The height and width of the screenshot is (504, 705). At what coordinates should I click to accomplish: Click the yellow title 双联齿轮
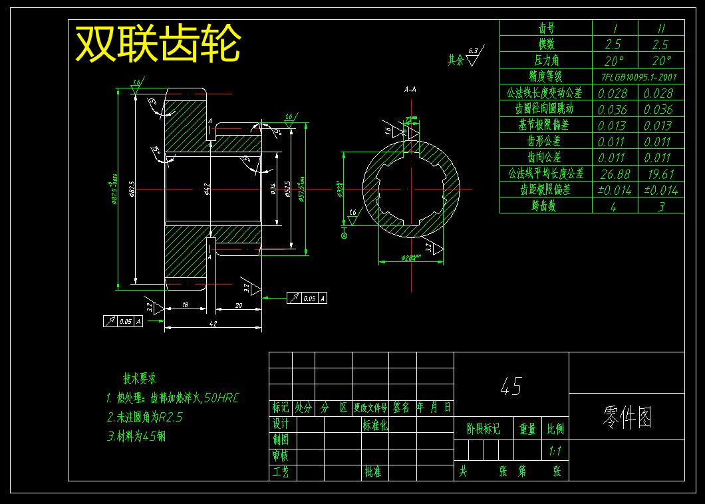158,45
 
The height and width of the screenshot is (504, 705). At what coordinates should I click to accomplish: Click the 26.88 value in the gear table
615,174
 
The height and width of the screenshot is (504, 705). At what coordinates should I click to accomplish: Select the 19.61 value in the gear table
660,174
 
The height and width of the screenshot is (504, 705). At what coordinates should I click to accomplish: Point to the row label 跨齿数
545,206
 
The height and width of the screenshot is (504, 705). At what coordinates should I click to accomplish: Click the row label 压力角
545,61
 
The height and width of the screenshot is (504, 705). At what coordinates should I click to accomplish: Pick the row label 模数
545,45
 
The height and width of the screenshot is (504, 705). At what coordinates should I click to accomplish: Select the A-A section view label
410,88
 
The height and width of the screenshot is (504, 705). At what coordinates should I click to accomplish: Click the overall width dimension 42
213,323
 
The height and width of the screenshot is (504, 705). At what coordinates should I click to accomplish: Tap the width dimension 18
186,305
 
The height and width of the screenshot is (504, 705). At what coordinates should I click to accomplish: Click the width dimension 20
237,305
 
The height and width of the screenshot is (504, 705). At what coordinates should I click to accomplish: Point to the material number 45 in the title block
511,386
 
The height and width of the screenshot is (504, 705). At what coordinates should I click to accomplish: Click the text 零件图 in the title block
627,417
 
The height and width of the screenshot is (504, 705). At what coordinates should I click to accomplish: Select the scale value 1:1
555,451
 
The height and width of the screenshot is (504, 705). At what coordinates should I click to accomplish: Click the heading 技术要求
139,378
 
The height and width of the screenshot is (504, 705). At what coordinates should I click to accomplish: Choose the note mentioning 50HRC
172,398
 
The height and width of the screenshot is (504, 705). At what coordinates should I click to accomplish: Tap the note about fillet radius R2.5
144,418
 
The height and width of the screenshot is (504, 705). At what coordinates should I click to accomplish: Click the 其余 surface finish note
456,60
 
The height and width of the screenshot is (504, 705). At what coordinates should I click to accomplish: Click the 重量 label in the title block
527,430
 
